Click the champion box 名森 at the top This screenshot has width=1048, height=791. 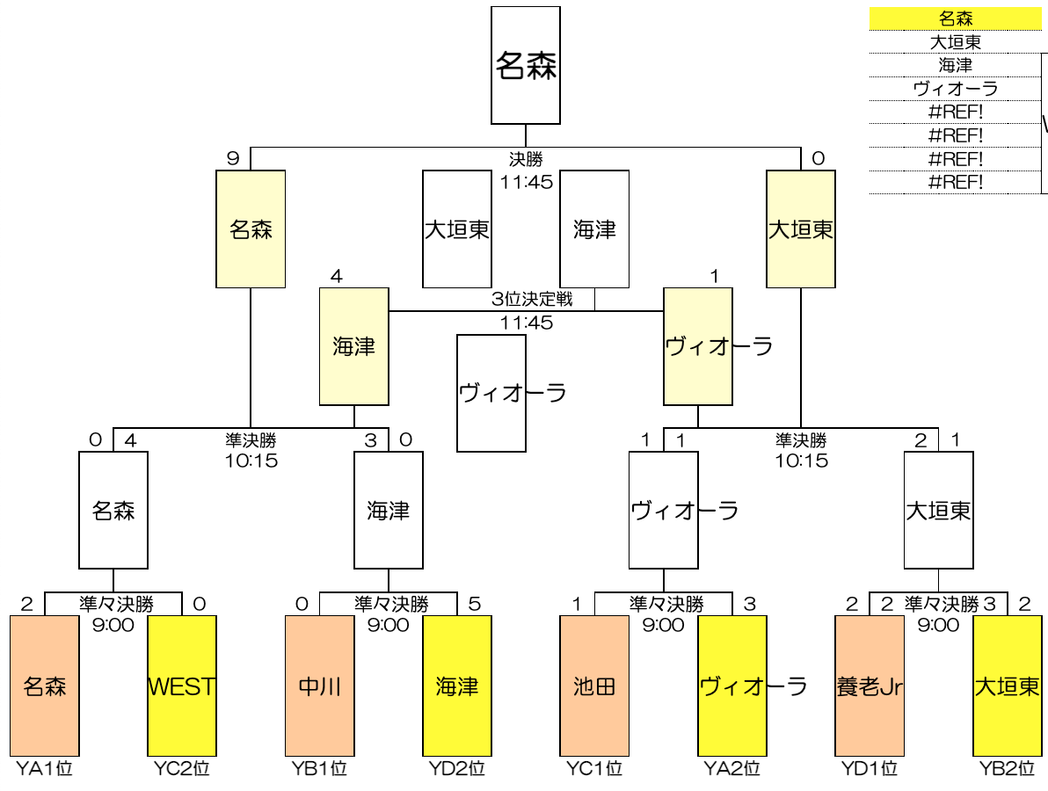point(526,66)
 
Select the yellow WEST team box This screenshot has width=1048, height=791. point(182,686)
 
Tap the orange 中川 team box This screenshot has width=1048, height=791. point(320,686)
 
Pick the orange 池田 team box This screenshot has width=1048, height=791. point(594,686)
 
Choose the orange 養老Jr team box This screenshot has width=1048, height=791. point(870,686)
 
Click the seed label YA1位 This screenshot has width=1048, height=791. point(44,769)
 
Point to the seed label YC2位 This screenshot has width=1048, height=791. point(182,769)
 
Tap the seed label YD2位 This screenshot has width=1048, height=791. point(457,769)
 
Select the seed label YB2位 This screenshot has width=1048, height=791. point(1008,769)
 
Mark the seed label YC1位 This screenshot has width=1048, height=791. point(594,769)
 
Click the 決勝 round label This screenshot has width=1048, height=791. point(526,160)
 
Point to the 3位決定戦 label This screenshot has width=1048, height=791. point(531,300)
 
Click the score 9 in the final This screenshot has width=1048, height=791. point(233,158)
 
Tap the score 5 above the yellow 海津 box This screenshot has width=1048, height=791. point(475,604)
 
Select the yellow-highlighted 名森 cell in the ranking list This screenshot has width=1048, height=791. point(956,18)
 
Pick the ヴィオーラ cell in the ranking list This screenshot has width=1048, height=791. point(956,89)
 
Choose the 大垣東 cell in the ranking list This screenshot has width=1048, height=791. point(956,42)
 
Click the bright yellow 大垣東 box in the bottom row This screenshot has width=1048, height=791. point(1008,686)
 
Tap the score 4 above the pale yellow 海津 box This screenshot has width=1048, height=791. point(336,277)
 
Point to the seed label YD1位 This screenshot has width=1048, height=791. point(870,769)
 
